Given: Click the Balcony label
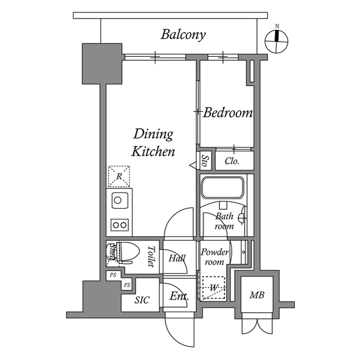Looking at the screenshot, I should point(183,34).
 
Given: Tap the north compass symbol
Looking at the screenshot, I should point(277,38).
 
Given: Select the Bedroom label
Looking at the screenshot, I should point(227,113).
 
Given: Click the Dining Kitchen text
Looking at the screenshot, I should point(153,143).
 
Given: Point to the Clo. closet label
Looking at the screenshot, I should point(232,161).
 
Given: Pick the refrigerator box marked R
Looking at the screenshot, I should point(119,176).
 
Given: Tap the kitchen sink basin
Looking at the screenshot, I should point(118,200).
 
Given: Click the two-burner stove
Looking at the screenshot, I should point(119,224).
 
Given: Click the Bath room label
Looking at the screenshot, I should point(224,221).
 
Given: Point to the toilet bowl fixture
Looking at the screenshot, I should point(125,253).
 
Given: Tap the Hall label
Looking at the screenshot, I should point(177,258).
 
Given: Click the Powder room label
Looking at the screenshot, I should point(214,257).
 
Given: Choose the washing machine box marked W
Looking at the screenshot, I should point(214,288).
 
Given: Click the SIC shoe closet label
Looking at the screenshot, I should point(142,300).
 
